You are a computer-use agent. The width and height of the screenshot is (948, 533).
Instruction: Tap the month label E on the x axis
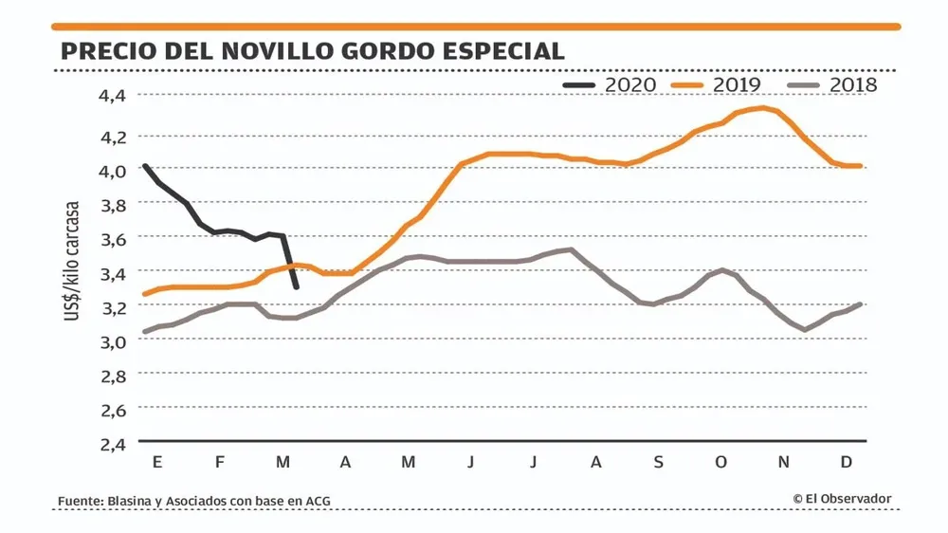[x=156, y=462]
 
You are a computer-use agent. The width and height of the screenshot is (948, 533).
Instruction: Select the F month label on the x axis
[x=220, y=462]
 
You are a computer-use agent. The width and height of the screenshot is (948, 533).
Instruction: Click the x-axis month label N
[x=784, y=462]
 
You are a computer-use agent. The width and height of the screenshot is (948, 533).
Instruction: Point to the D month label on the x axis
[x=847, y=462]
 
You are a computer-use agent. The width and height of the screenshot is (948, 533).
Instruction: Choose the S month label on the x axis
[x=659, y=462]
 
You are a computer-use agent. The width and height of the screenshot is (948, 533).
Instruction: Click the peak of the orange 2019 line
[x=761, y=107]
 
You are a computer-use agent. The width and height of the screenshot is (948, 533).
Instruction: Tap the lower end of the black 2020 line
[x=298, y=286]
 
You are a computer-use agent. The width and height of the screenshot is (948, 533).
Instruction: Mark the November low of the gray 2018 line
[x=805, y=330]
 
